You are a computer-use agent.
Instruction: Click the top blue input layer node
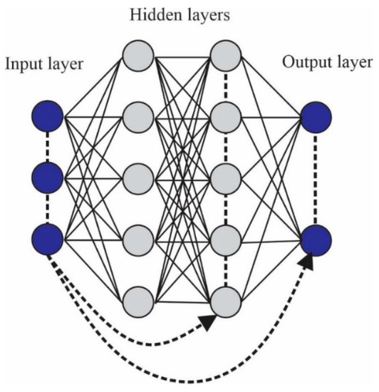[x=48, y=114]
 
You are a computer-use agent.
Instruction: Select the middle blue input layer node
[x=48, y=175]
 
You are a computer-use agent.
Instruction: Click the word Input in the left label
[x=21, y=65]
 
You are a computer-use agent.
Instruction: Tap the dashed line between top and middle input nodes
[x=48, y=145]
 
